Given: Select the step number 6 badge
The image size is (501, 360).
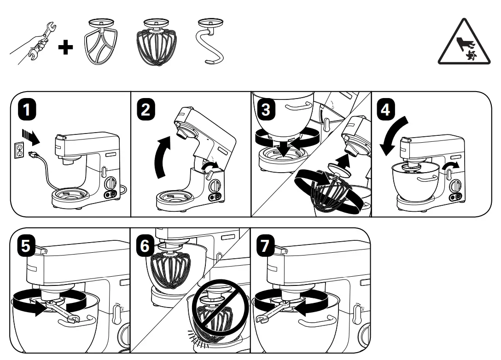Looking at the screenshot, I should (x=145, y=246).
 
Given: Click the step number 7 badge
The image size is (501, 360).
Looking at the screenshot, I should (x=265, y=246).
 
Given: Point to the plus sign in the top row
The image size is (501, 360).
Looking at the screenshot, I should (x=66, y=47).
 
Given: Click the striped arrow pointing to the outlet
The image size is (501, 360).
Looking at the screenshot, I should (x=31, y=137).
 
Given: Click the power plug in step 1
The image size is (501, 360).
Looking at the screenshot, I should (x=34, y=155).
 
